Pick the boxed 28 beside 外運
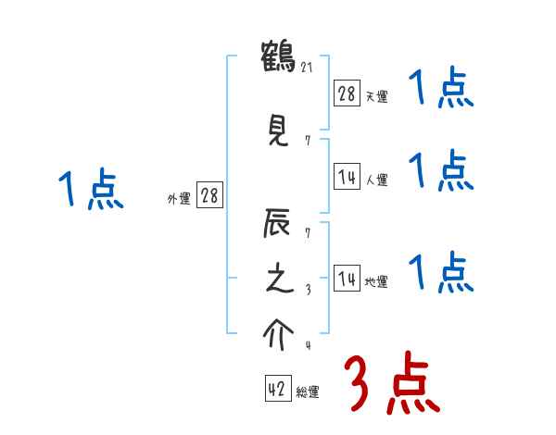(209, 195)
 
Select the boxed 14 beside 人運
(347, 176)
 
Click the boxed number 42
(277, 389)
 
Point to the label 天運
(376, 96)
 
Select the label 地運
(376, 282)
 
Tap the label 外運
(179, 199)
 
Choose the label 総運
(308, 392)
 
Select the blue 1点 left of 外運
(90, 190)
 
